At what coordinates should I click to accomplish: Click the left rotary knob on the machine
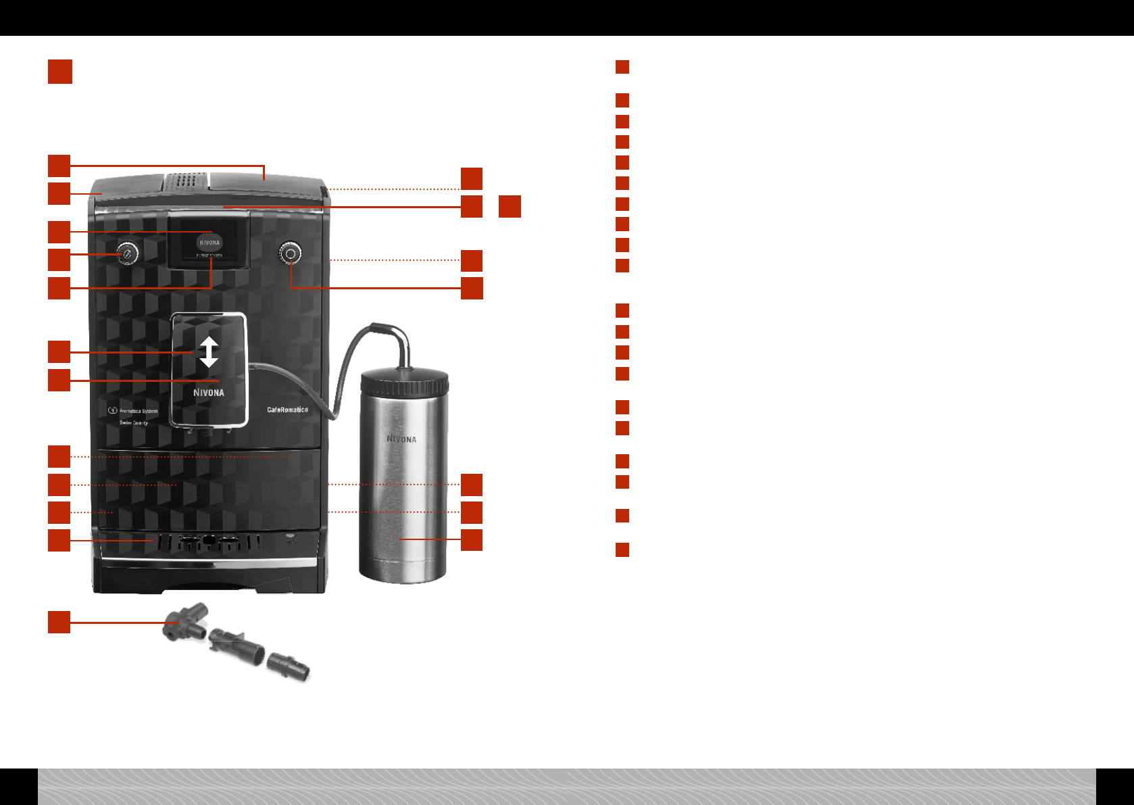127,254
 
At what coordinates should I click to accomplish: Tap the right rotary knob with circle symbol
290,253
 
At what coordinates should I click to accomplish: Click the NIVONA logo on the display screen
209,243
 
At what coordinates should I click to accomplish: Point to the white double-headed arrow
209,351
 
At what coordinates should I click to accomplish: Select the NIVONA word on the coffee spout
209,393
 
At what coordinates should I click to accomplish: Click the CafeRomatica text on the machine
287,410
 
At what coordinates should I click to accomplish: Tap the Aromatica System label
138,411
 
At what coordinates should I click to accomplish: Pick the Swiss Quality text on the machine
134,422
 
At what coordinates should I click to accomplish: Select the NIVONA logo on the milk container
401,439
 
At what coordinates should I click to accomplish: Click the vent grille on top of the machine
187,180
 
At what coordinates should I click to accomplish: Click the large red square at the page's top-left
60,72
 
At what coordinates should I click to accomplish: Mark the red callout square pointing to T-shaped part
59,622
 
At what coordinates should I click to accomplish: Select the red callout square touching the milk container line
472,540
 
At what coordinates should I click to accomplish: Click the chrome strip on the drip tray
208,562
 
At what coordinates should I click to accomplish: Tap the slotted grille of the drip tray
208,542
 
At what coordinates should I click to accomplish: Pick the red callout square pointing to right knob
472,288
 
